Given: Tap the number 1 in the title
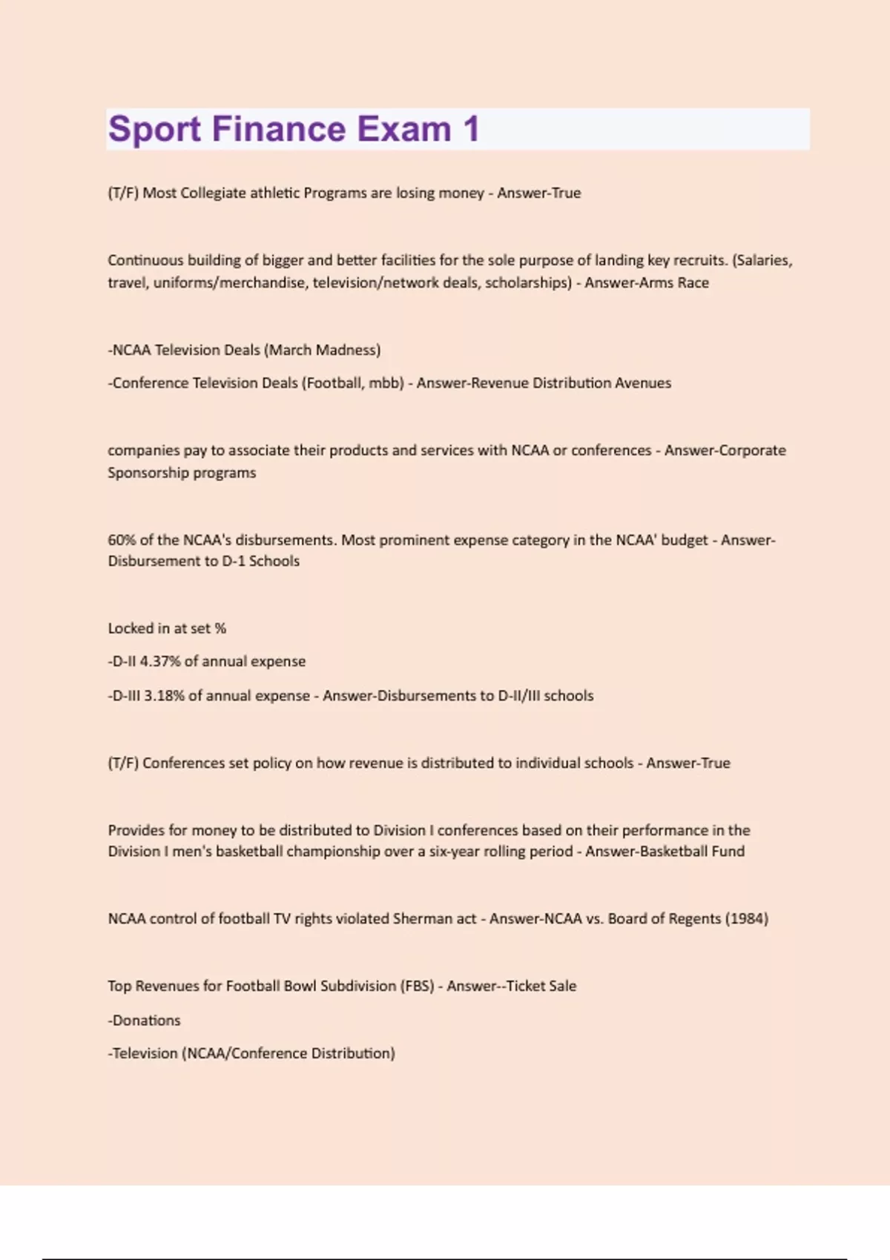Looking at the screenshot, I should pyautogui.click(x=471, y=129).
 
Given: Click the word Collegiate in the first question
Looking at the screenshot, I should pyautogui.click(x=213, y=193).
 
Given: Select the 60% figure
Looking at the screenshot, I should pyautogui.click(x=122, y=540).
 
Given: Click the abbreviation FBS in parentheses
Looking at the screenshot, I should pyautogui.click(x=417, y=986).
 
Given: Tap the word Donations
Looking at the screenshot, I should pyautogui.click(x=146, y=1020).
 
